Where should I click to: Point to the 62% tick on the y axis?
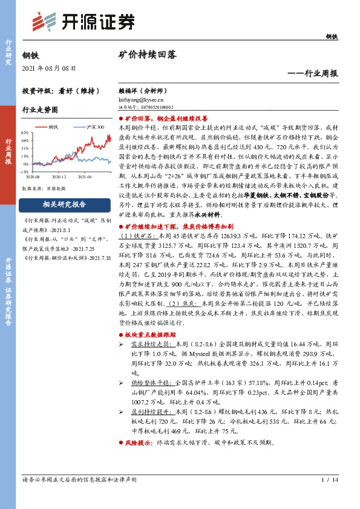tap(25, 132)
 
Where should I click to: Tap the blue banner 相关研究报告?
tap(64, 204)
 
